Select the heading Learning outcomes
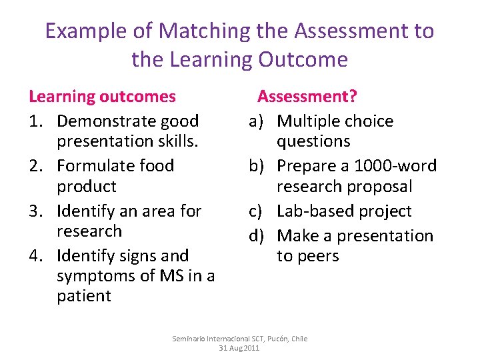click(x=102, y=97)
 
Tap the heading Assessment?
click(x=307, y=97)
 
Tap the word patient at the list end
click(x=83, y=295)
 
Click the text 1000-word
click(x=395, y=166)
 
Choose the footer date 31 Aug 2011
click(x=239, y=348)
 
